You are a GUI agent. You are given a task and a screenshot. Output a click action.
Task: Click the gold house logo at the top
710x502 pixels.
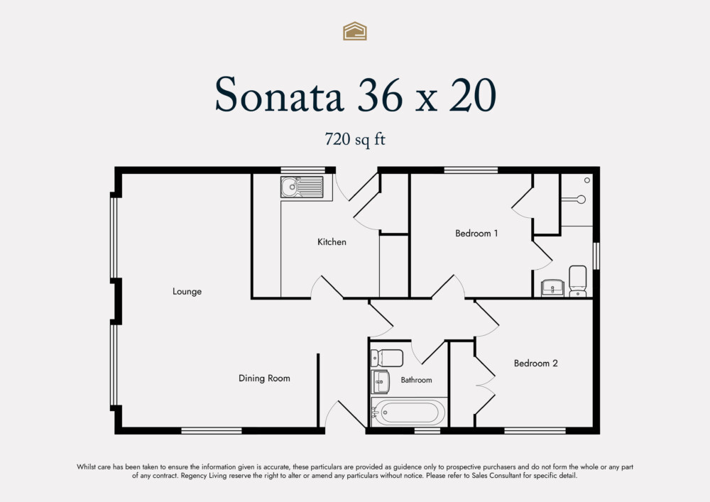click(x=355, y=31)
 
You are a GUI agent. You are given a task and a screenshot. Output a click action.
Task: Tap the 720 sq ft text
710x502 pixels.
click(x=354, y=139)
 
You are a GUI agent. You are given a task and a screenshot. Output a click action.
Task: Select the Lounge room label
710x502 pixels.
click(x=187, y=291)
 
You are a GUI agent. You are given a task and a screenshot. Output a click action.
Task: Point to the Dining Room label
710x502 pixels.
click(x=264, y=378)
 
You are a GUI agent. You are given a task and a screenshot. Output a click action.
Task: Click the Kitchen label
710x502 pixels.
click(x=332, y=242)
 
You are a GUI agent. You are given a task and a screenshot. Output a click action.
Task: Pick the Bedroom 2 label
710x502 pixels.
click(x=535, y=363)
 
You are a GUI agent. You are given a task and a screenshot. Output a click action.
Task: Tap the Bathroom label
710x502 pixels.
click(x=416, y=380)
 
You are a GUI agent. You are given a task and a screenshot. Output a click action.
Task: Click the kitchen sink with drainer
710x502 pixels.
click(x=301, y=187)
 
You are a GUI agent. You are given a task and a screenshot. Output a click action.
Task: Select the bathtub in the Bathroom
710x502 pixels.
click(x=409, y=412)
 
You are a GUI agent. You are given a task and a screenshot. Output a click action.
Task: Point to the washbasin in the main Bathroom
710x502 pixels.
click(x=381, y=381)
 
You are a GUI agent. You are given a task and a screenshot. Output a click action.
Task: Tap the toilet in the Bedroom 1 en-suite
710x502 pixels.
click(x=578, y=281)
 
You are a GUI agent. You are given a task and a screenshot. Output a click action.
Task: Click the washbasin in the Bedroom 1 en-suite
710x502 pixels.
click(x=552, y=288)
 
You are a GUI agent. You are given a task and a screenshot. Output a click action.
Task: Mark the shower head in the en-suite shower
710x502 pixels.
click(x=581, y=200)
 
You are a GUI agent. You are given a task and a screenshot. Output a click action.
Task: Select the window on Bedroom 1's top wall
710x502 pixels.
click(x=471, y=170)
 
